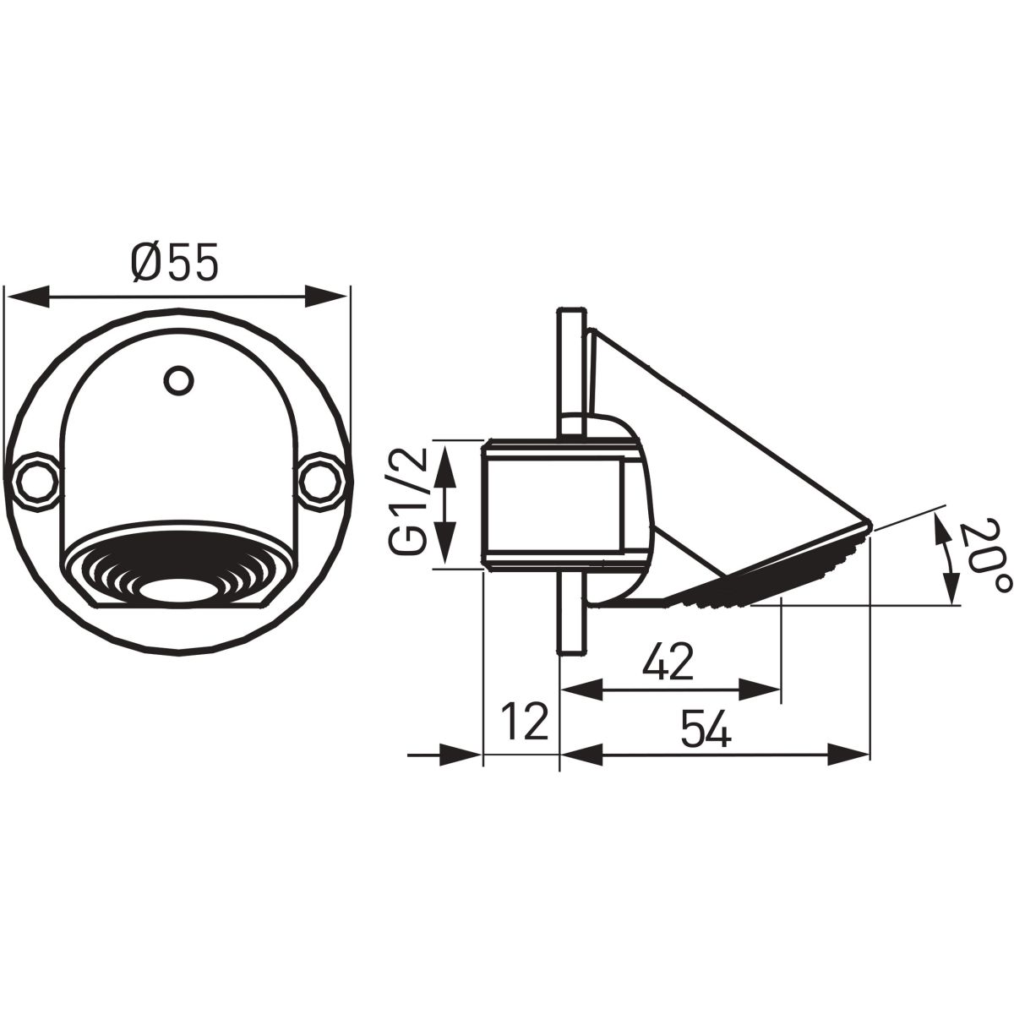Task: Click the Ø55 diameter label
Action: point(174,261)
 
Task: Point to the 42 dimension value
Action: point(668,661)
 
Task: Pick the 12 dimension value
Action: point(525,722)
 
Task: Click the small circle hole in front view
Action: point(179,380)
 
